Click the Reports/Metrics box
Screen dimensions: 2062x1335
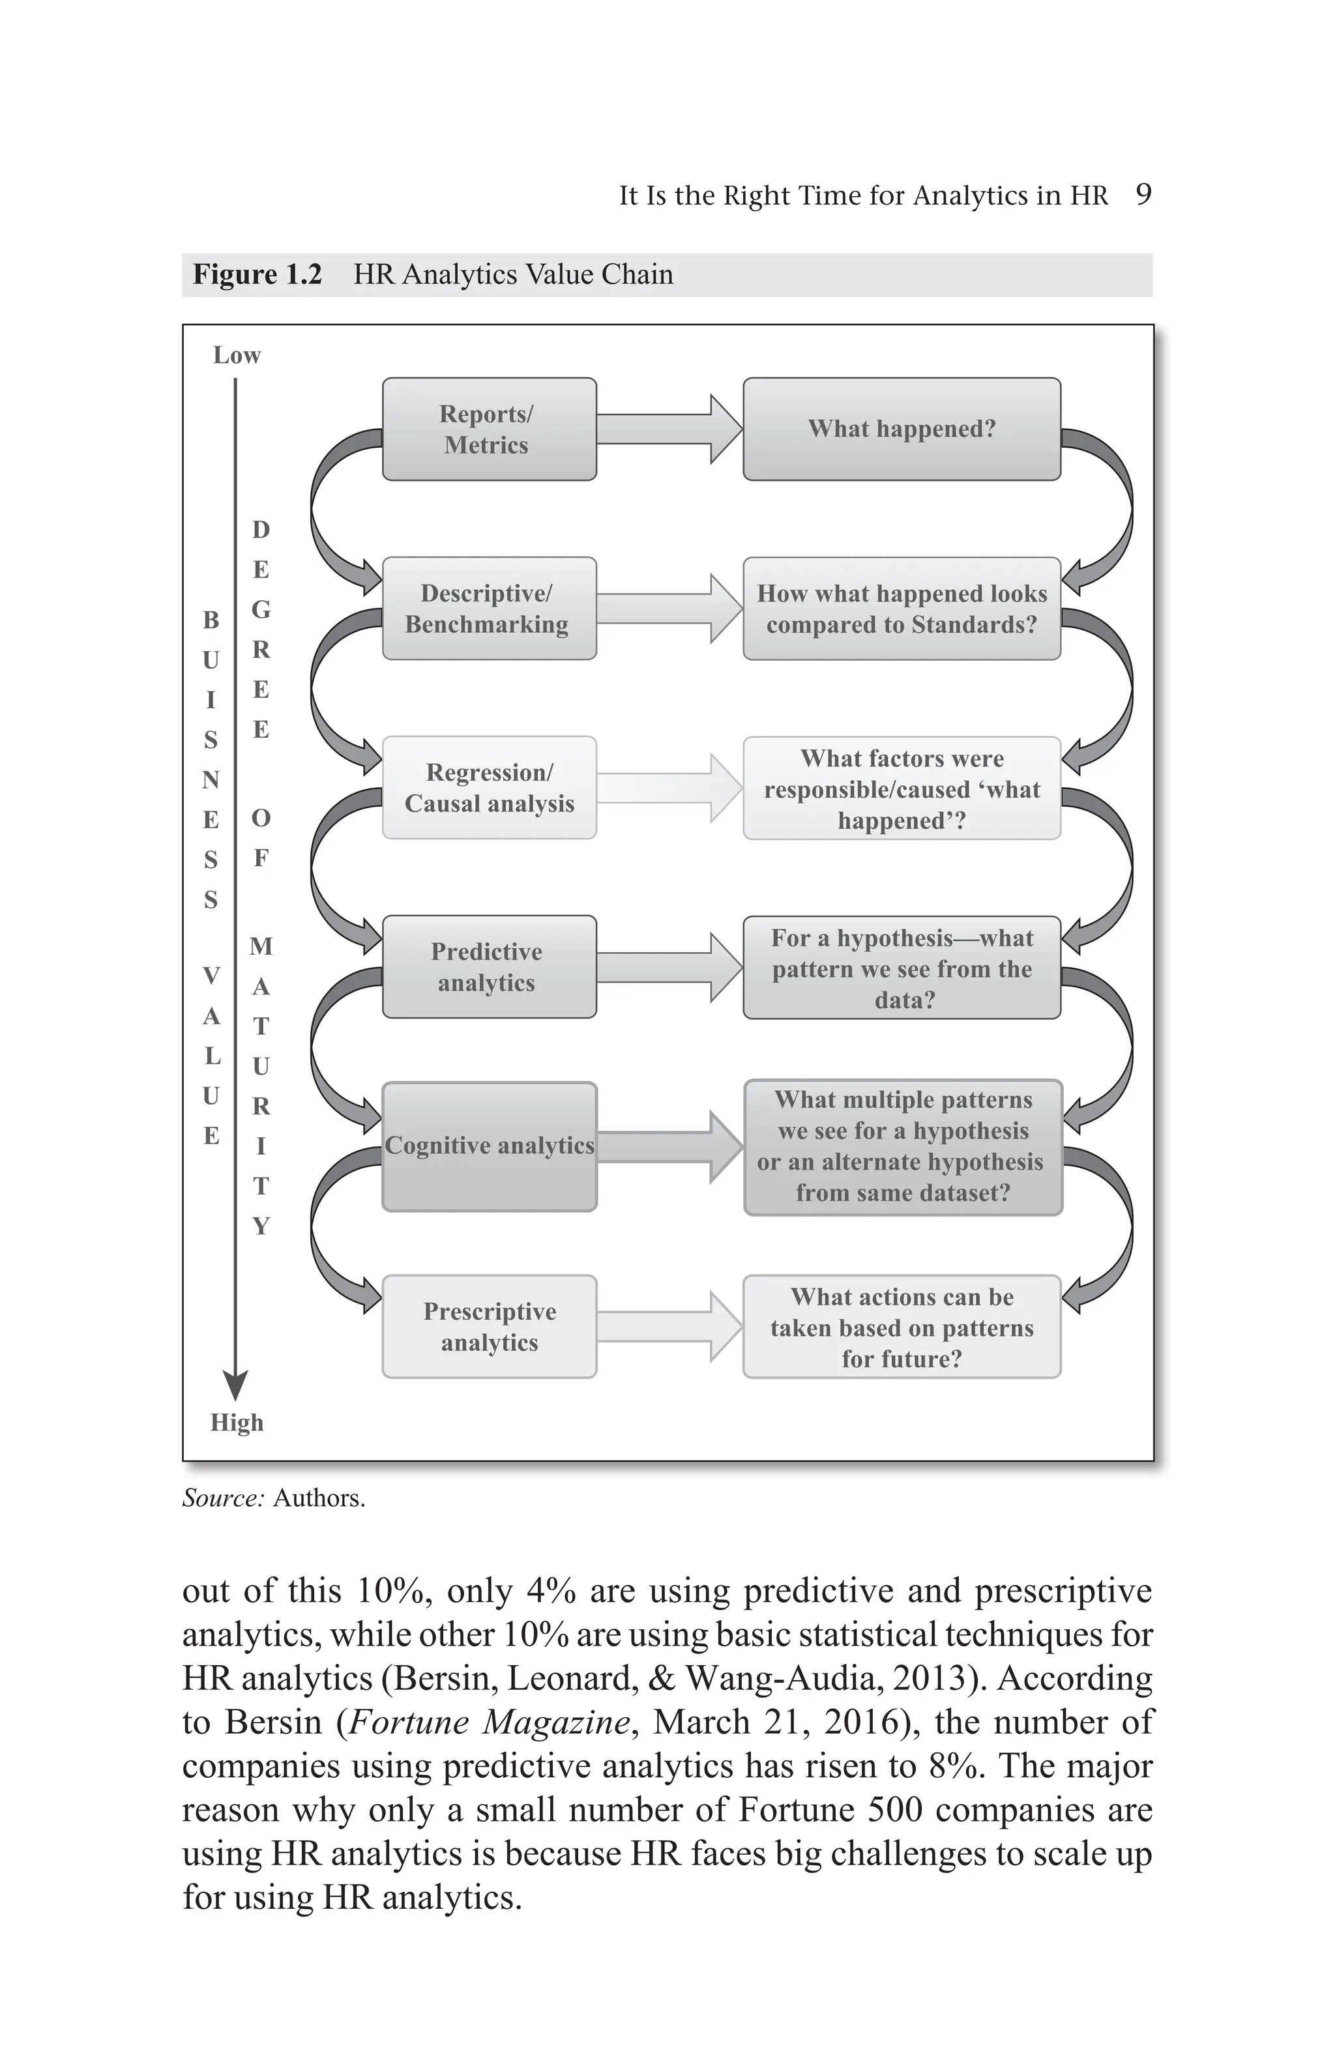[489, 429]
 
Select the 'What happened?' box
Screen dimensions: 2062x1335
[901, 429]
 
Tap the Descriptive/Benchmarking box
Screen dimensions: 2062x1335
[489, 608]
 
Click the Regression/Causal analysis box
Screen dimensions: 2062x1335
[489, 787]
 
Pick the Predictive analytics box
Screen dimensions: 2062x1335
[489, 967]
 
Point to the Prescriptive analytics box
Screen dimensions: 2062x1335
[489, 1326]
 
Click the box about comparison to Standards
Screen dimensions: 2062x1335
[901, 608]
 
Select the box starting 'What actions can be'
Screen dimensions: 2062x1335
[901, 1326]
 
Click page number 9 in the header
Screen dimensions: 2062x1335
[1143, 194]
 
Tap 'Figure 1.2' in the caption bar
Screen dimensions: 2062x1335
[256, 274]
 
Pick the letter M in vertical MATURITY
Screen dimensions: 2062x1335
[261, 946]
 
